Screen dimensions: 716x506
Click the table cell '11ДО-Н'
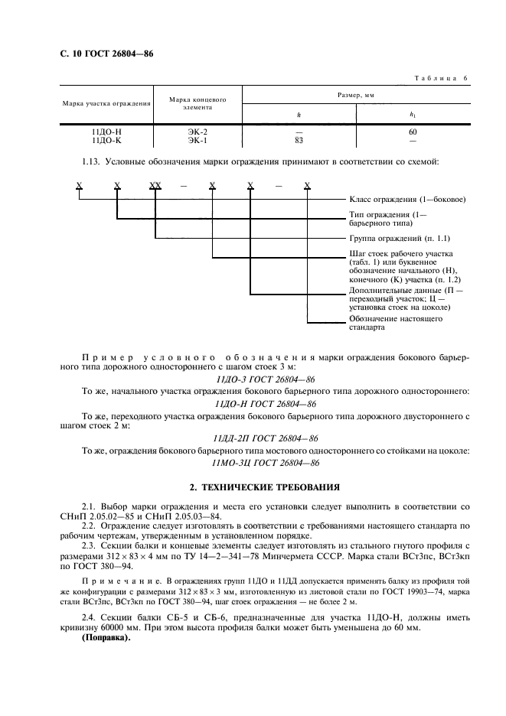pos(106,132)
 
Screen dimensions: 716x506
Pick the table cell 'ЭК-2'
pos(198,132)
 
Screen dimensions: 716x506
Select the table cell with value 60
pos(413,132)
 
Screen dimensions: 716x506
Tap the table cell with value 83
pos(299,141)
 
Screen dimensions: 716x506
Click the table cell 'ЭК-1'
pos(198,141)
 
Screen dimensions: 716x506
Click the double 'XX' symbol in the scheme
pos(155,186)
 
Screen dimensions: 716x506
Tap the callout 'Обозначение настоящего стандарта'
pos(395,323)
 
